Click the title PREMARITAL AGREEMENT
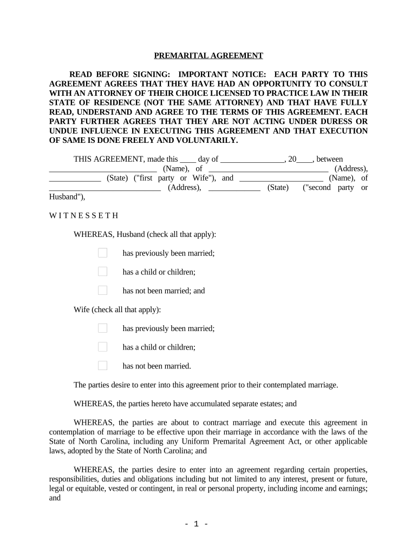[208, 56]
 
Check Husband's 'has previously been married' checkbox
[102, 253]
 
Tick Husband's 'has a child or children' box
[102, 272]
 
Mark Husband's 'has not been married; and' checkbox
[102, 291]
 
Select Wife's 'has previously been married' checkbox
[102, 328]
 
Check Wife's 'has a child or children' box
[102, 347]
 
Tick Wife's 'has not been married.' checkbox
[102, 366]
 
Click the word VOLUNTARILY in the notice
[208, 140]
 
